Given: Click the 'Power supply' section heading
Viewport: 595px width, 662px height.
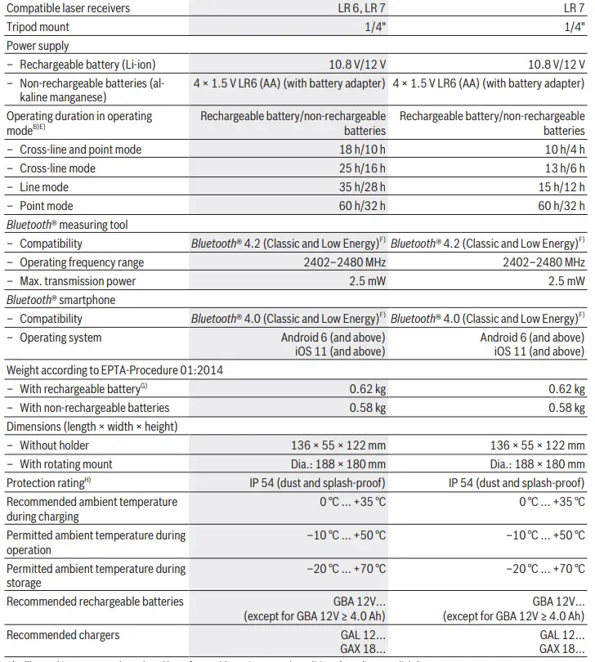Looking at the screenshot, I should tap(38, 46).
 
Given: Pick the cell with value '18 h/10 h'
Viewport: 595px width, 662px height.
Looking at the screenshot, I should tap(362, 150).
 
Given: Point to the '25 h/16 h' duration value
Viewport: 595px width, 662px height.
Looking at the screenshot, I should tap(362, 168).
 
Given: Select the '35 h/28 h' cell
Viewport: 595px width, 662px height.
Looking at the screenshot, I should tap(362, 187).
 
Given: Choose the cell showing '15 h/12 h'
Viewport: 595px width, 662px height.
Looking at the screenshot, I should tap(561, 187).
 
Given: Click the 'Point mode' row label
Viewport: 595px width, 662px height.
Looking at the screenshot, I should tap(47, 206).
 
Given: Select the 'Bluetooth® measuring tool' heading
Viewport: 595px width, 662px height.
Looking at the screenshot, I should tap(67, 225).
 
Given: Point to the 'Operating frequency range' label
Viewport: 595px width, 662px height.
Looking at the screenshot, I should tap(82, 262).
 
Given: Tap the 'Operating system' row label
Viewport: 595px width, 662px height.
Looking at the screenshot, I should tap(60, 338).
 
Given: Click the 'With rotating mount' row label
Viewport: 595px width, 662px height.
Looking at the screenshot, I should tap(66, 464).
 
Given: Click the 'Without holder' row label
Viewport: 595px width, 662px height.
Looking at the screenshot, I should tap(54, 445).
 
